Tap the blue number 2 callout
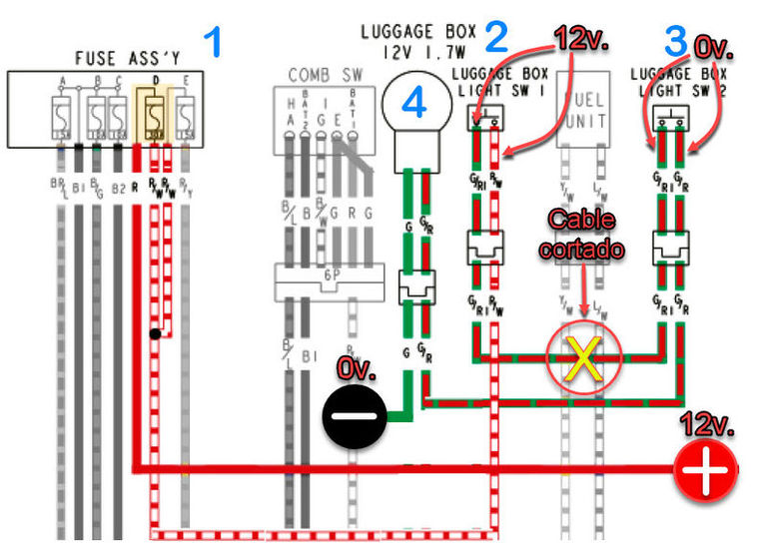[496, 39]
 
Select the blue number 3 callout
[676, 41]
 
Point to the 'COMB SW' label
[324, 75]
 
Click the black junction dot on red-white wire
[155, 334]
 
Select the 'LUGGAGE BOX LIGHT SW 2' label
[678, 83]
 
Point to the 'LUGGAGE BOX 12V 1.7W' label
[417, 40]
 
